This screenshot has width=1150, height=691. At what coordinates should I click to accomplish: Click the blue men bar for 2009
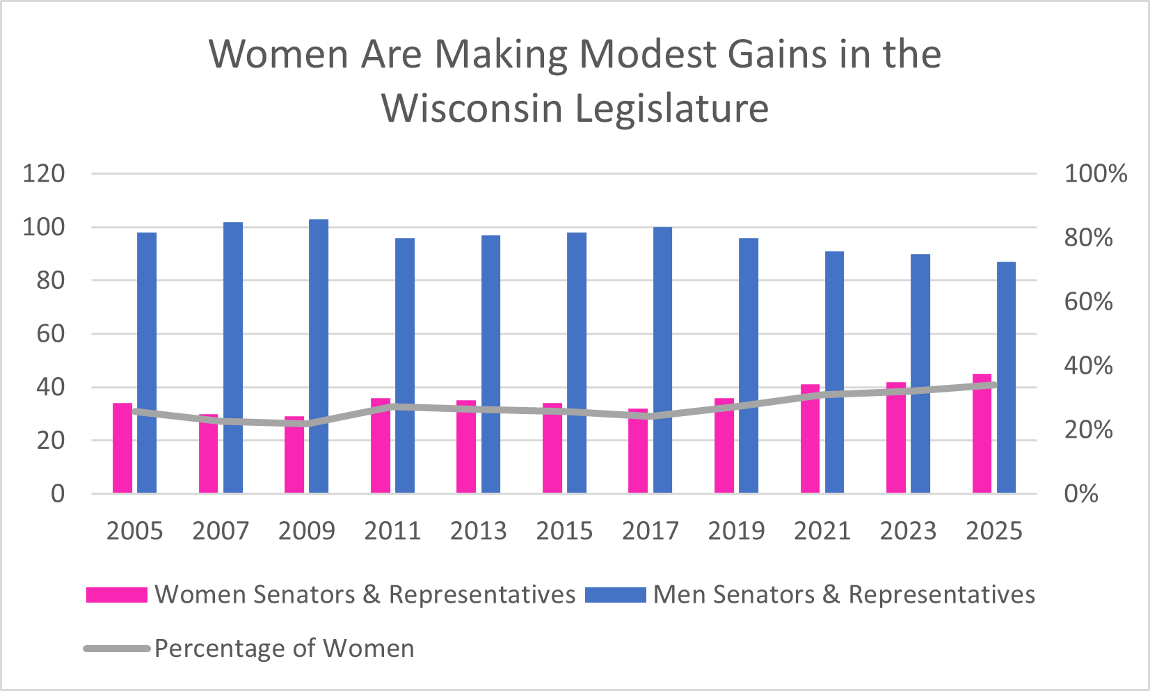(319, 356)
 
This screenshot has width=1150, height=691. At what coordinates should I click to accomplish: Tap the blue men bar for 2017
(662, 360)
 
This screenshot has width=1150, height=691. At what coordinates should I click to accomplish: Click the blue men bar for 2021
(834, 372)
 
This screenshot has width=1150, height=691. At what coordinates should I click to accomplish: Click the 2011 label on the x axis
(392, 531)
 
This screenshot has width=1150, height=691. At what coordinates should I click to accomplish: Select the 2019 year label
(736, 531)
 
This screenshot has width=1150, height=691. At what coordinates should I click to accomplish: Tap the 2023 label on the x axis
(908, 531)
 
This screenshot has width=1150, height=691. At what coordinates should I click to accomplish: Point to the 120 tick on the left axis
(43, 173)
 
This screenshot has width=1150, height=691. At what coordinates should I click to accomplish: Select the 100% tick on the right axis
(1095, 173)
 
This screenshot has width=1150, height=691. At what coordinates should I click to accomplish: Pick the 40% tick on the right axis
(1088, 365)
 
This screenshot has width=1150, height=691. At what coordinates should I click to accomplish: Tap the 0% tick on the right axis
(1081, 494)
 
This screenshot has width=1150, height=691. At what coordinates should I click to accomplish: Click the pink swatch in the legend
(116, 595)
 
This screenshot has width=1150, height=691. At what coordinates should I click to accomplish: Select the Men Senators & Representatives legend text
(844, 595)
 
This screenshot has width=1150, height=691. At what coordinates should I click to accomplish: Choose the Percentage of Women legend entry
(284, 649)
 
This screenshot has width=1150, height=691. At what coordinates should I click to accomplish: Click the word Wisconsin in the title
(472, 109)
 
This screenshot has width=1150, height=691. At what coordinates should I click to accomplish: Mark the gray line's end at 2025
(994, 385)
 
